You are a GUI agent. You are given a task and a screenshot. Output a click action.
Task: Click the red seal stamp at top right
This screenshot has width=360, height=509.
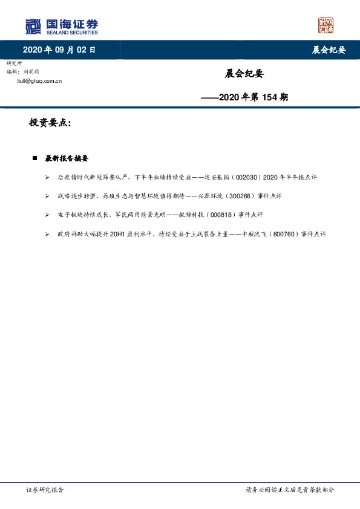(x=326, y=25)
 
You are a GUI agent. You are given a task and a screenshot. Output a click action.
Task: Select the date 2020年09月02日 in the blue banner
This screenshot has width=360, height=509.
(x=59, y=50)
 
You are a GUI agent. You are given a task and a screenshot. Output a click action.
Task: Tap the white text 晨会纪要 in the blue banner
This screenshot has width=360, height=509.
(x=329, y=50)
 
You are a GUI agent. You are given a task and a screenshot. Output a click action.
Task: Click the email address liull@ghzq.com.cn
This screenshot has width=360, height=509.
(x=40, y=80)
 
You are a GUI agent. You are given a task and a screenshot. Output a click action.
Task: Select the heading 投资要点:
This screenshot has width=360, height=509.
(x=50, y=123)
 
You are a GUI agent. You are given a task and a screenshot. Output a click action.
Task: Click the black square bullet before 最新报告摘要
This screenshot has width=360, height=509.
(x=35, y=158)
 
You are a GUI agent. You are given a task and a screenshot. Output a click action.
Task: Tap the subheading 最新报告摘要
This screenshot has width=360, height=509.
(x=67, y=158)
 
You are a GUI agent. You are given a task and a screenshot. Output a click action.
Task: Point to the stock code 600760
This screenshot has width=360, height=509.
(x=268, y=234)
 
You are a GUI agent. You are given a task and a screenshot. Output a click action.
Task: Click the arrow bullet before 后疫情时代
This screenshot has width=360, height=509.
(x=47, y=178)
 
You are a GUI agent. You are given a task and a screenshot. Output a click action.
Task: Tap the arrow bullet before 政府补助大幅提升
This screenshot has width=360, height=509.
(x=47, y=234)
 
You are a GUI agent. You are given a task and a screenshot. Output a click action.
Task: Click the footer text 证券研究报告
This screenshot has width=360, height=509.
(x=45, y=490)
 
